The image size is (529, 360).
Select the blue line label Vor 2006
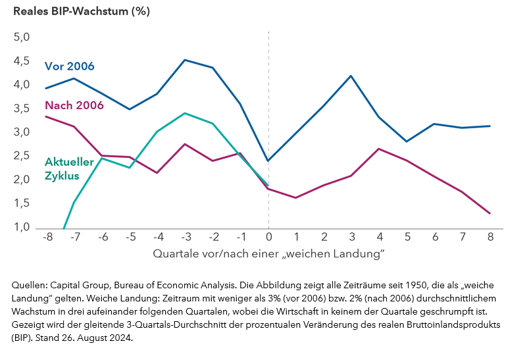click(69, 66)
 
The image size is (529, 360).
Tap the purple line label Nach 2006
click(74, 105)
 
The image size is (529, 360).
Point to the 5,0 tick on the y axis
click(22, 38)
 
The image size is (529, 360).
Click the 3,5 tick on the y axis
click(22, 109)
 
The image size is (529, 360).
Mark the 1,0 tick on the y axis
click(22, 228)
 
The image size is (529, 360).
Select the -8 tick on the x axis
click(47, 236)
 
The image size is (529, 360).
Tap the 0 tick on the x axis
click(268, 236)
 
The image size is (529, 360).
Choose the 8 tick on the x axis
click(490, 236)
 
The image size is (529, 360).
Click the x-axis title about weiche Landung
click(268, 253)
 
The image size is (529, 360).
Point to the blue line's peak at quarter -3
click(186, 60)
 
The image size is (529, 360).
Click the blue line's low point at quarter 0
click(268, 161)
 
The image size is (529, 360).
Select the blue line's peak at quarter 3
click(351, 76)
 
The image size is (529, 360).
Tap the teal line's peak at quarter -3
click(186, 113)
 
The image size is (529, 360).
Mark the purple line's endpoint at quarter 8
click(490, 213)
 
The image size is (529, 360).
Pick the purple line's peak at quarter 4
click(379, 149)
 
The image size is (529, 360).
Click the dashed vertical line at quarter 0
click(268, 99)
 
